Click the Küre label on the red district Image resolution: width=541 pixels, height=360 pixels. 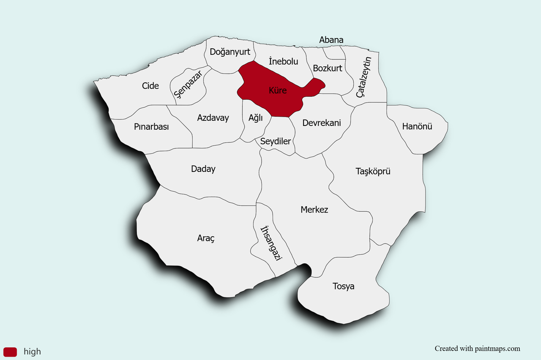click(278, 90)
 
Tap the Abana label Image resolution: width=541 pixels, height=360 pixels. click(331, 40)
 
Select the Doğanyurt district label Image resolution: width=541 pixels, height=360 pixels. click(230, 52)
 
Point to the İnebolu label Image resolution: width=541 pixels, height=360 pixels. click(283, 62)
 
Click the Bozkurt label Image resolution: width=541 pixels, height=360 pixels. click(328, 68)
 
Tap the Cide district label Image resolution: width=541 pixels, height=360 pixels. click(150, 86)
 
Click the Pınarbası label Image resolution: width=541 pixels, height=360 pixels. click(151, 127)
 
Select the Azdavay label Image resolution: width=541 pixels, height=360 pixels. click(213, 118)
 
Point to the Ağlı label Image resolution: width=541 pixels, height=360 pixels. click(256, 118)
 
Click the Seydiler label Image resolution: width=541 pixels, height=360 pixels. click(276, 142)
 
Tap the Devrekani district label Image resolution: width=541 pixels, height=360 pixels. click(322, 123)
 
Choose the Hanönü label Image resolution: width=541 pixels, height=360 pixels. click(417, 126)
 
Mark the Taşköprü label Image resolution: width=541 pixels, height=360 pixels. click(373, 172)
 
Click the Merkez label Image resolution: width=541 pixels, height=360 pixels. click(314, 210)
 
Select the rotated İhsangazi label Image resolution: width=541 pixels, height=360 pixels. click(271, 243)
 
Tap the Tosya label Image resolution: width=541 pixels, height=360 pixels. click(344, 286)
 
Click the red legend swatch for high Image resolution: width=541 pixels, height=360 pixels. click(10, 352)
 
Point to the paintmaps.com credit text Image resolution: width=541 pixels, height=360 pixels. click(478, 349)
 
